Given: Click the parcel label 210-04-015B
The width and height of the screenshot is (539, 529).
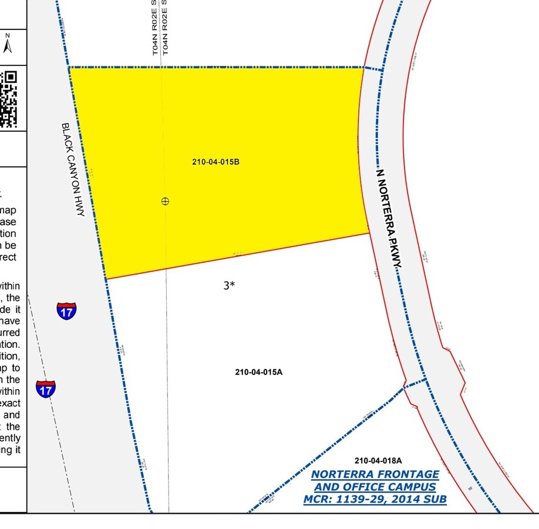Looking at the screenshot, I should pos(215,162).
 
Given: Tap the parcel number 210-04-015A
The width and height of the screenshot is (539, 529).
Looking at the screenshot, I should pos(259,372).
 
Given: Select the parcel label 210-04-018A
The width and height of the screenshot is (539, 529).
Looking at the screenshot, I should pos(378,460).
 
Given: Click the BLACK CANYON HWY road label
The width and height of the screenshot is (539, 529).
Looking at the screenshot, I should pos(73,169).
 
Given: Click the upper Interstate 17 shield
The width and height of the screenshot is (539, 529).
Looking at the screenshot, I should pos(66,310).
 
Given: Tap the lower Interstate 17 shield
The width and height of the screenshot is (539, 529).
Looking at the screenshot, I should pos(46,388).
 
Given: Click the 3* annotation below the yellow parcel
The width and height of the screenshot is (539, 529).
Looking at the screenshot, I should pos(229,286).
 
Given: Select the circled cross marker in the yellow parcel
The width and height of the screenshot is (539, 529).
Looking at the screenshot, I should pos(165,201).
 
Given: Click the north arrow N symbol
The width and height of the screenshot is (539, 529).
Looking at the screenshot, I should pos(8,43).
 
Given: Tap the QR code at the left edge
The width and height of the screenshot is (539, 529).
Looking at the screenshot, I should pos(9,98).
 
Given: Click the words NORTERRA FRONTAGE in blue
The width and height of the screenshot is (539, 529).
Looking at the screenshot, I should pos(375,474).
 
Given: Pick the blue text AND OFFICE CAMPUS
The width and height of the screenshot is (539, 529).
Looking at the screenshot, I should pos(375,487).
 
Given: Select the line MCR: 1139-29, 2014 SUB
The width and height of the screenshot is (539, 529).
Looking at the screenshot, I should pos(375,500).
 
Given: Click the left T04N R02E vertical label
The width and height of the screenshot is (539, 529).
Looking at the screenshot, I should pos(156,28).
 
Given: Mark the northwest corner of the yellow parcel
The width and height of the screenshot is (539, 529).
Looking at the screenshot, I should pos(70,68).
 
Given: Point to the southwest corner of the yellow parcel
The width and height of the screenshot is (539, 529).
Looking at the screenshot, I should pos(105,279).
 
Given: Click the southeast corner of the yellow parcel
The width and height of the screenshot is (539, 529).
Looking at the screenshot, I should pos(369,233).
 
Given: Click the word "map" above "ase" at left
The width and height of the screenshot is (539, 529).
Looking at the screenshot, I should pos(12,210).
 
